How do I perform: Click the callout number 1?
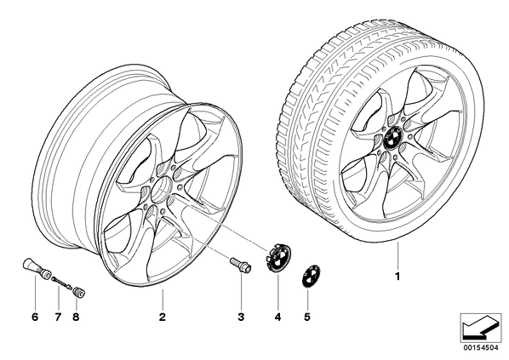tap(397, 277)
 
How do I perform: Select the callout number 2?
tap(163, 317)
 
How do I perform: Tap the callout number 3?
tap(241, 317)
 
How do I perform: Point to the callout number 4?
tap(277, 317)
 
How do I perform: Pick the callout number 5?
tap(307, 317)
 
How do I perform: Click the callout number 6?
tap(35, 317)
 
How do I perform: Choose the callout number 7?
tap(58, 317)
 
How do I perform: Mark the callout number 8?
tap(76, 317)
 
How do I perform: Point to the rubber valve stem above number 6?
tap(36, 268)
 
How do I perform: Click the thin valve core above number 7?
tap(61, 282)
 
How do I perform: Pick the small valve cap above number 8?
tap(79, 292)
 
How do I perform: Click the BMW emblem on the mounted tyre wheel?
tap(393, 137)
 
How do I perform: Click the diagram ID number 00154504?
tap(481, 348)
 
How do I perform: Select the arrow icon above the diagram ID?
tap(481, 327)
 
